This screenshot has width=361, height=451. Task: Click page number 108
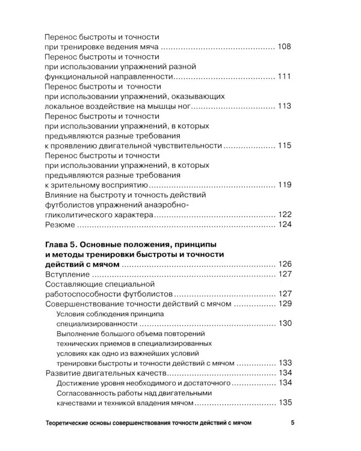pos(285,46)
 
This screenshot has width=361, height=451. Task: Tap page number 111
pos(285,76)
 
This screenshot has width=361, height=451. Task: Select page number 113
pos(285,106)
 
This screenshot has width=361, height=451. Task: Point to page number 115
pos(285,146)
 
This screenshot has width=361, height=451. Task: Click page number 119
pos(285,185)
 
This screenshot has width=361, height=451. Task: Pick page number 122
pos(285,215)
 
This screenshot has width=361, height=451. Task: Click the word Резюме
pos(61,225)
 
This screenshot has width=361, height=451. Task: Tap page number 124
pos(285,225)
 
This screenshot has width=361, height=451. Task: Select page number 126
pos(285,264)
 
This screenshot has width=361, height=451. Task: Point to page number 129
pos(285,304)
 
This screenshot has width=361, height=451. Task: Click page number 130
pos(285,324)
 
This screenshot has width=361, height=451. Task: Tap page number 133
pos(285,363)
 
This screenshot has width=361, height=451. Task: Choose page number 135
pos(285,403)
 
